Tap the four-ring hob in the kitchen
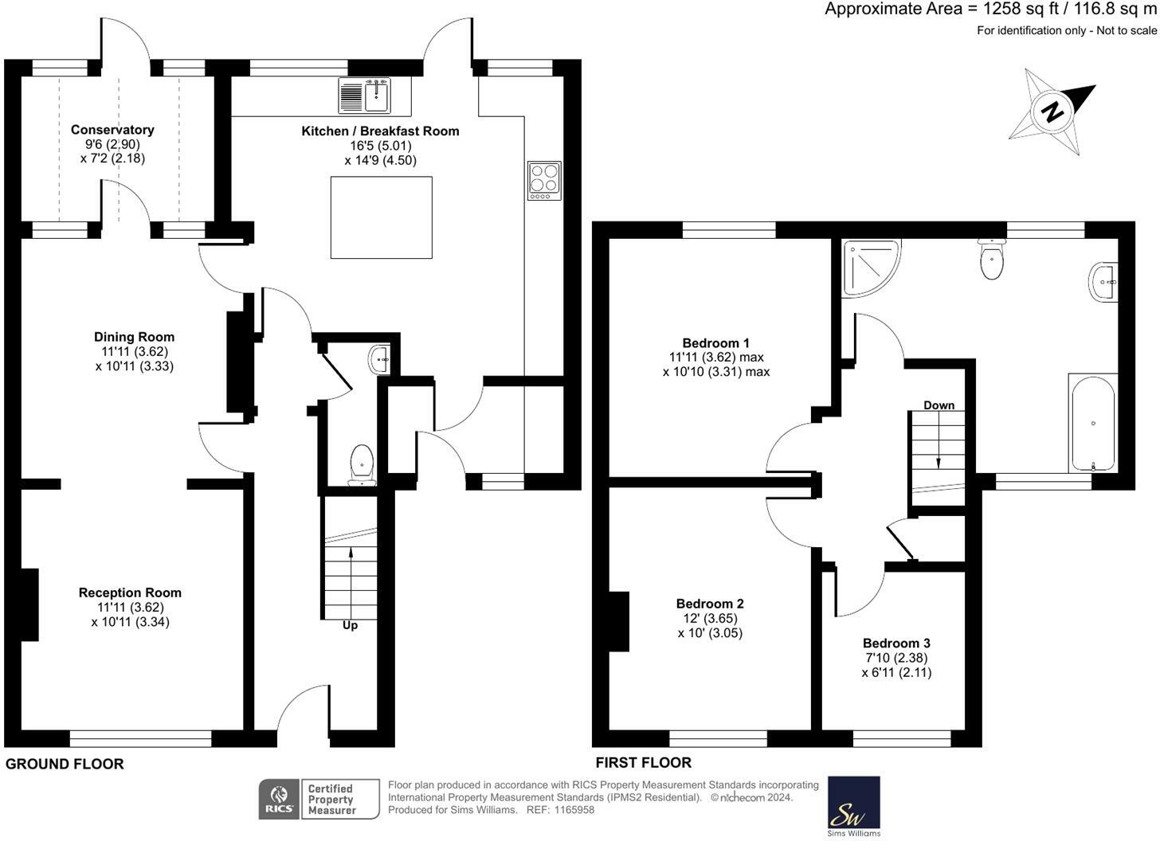[544, 181]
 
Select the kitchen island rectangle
[381, 217]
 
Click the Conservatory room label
[112, 129]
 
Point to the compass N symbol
[1052, 111]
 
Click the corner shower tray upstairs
[871, 268]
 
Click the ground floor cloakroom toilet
[362, 465]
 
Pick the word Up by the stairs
[350, 625]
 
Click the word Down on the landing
[939, 405]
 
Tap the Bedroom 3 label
[896, 643]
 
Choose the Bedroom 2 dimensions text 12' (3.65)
[710, 618]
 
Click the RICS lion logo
[280, 799]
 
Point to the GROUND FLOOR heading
[65, 764]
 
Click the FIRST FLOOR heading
[643, 762]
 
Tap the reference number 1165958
[574, 810]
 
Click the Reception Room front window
[140, 738]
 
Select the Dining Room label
[134, 337]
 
